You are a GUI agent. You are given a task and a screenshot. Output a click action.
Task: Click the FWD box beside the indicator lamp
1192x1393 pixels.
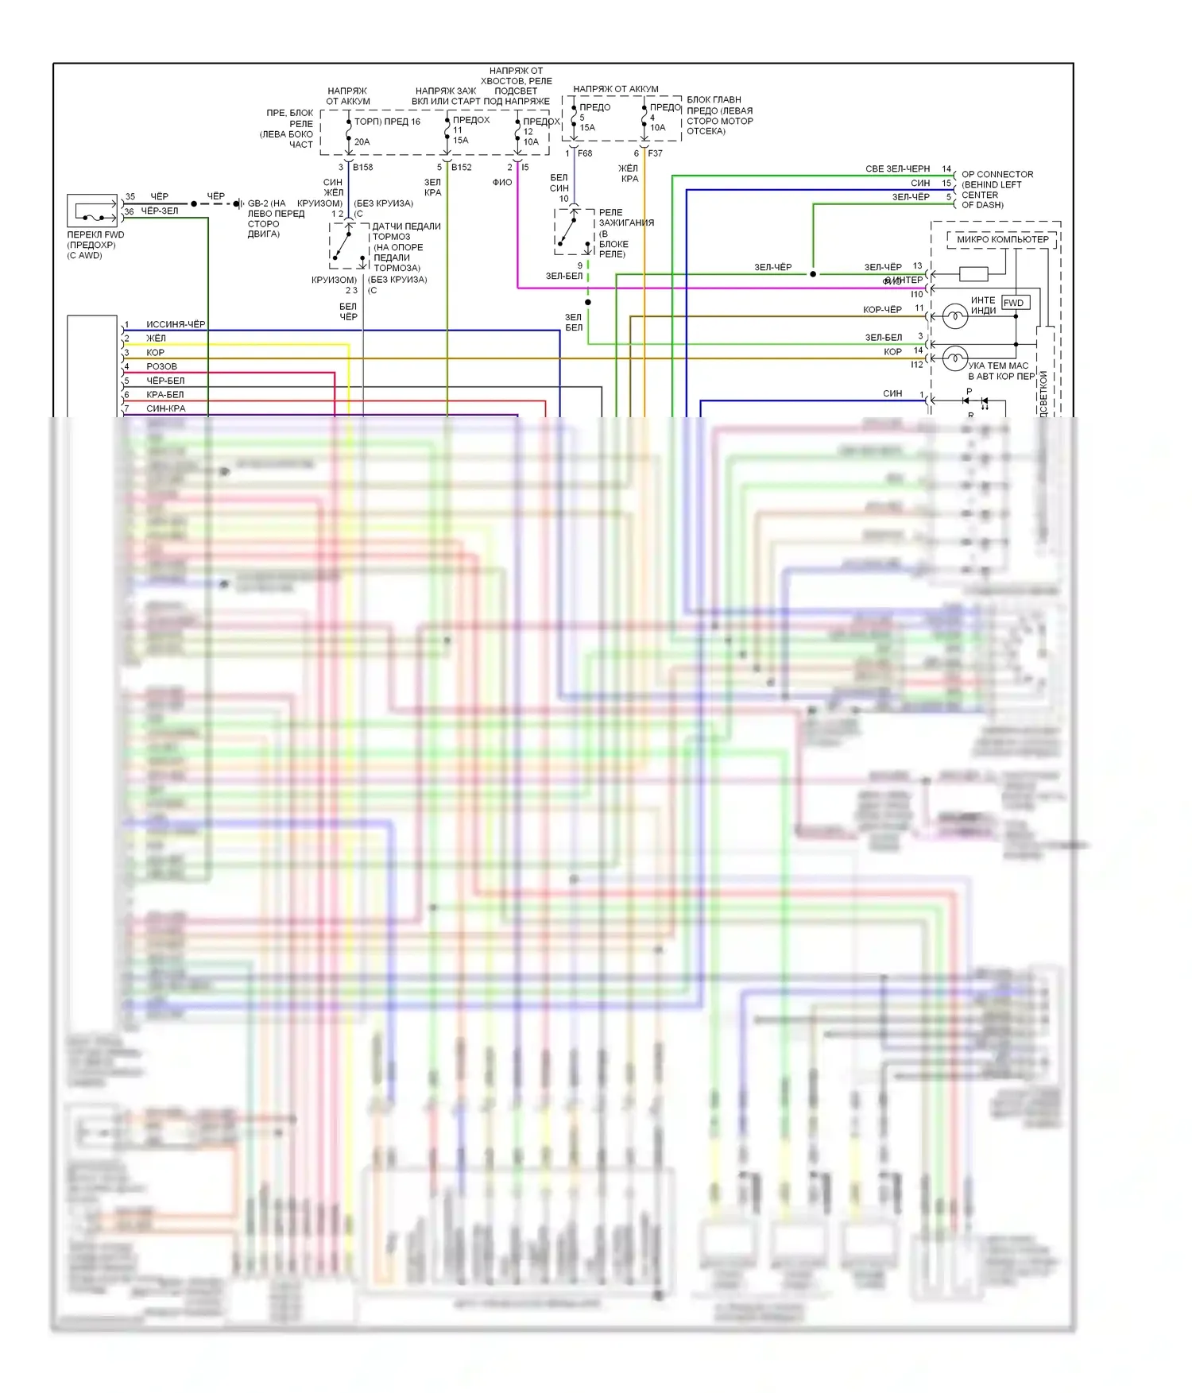tap(1015, 303)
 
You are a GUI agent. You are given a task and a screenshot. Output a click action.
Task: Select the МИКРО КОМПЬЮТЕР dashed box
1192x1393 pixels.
tap(1002, 239)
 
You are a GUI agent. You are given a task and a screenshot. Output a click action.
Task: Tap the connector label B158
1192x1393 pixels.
tap(362, 168)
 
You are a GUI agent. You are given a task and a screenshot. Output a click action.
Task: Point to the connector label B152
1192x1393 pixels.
tap(461, 168)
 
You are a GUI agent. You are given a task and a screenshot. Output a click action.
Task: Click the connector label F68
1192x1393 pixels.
tap(585, 153)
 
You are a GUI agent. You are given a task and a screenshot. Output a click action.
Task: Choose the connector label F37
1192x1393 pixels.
tap(655, 153)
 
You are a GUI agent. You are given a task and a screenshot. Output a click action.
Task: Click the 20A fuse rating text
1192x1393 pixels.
tap(362, 142)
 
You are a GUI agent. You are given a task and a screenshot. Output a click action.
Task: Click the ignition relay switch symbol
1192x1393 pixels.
tap(572, 231)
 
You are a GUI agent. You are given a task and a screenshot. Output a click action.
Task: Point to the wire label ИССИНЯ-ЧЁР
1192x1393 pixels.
tap(176, 324)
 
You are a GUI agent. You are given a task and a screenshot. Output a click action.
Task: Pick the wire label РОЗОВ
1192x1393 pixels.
tap(161, 366)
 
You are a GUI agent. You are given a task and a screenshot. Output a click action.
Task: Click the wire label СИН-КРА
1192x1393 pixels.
tap(165, 408)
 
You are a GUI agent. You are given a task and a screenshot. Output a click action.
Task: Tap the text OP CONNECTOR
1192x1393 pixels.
tap(997, 175)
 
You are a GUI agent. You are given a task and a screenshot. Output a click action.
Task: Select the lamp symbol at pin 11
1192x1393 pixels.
tap(954, 317)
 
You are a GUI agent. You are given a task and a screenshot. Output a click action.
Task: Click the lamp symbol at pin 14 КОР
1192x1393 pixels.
tap(954, 358)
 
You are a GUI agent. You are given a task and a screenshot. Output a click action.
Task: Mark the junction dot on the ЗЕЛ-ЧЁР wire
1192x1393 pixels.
tap(813, 274)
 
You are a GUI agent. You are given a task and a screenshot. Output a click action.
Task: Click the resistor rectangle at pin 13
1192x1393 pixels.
tap(973, 274)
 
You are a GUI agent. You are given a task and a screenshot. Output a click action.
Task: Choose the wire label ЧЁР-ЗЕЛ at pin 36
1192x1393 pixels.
tap(160, 211)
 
